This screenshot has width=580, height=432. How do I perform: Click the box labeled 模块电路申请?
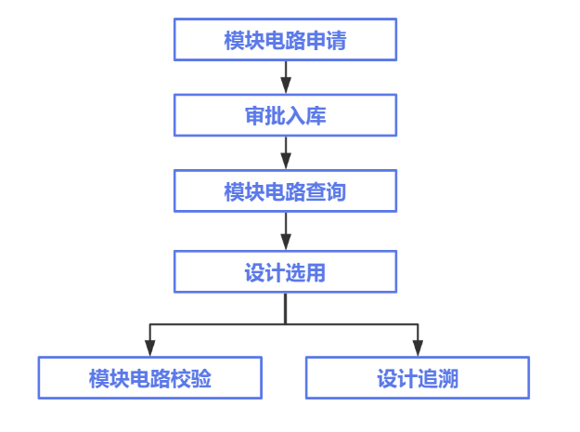pos(285,41)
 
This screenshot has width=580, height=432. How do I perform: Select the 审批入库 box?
pos(285,116)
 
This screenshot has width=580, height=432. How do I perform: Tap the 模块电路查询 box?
pos(285,192)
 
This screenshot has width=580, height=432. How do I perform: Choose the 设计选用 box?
pos(285,272)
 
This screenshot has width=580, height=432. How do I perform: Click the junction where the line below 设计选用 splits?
pos(285,324)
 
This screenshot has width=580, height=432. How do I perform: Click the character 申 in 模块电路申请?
pos(316,41)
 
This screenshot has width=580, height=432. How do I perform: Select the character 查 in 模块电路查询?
pos(316,192)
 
